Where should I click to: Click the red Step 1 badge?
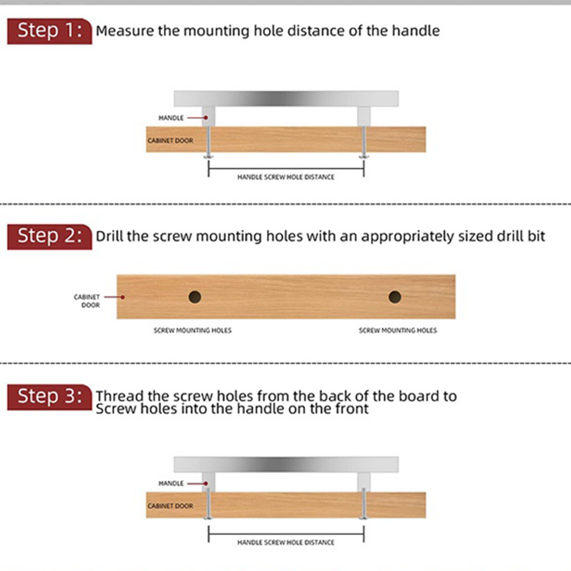pyautogui.click(x=50, y=31)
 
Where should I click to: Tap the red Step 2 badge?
pyautogui.click(x=50, y=236)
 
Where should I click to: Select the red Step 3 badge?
pyautogui.click(x=50, y=397)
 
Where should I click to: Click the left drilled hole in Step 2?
pyautogui.click(x=195, y=297)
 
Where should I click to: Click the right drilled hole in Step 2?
pyautogui.click(x=395, y=297)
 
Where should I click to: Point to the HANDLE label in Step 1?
pyautogui.click(x=171, y=118)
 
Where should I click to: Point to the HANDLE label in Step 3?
pyautogui.click(x=171, y=483)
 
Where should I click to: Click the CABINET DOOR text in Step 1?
pyautogui.click(x=171, y=141)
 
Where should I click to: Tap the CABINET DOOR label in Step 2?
pyautogui.click(x=87, y=301)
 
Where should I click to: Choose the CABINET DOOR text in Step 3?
pyautogui.click(x=171, y=506)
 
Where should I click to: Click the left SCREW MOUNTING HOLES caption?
pyautogui.click(x=192, y=330)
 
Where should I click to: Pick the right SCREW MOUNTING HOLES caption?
pyautogui.click(x=398, y=330)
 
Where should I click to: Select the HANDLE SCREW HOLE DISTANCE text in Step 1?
pyautogui.click(x=286, y=177)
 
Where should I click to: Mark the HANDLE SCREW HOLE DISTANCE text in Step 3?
pyautogui.click(x=286, y=543)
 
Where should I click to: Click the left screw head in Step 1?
pyautogui.click(x=209, y=156)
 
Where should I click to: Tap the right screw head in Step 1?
pyautogui.click(x=364, y=156)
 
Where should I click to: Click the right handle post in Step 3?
pyautogui.click(x=364, y=482)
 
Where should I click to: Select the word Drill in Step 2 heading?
pyautogui.click(x=110, y=236)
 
